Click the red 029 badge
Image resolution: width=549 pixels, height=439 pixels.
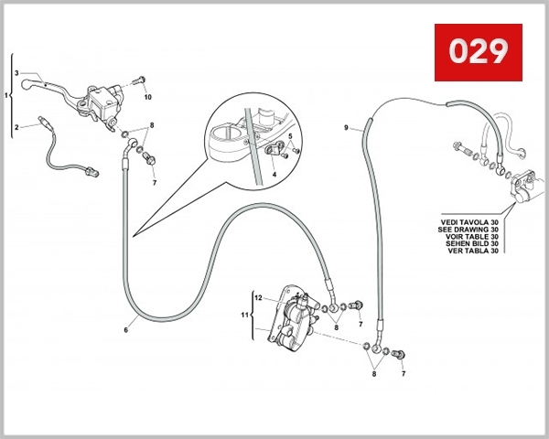[x=478, y=53]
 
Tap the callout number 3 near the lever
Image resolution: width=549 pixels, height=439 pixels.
[x=16, y=72]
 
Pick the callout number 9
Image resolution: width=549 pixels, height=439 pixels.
[x=347, y=128]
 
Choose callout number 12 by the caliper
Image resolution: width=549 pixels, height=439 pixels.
[x=258, y=298]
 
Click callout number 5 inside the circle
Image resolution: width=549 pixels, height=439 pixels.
[x=291, y=135]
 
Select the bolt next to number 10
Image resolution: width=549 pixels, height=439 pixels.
[x=141, y=81]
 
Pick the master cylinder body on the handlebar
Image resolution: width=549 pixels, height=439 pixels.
[x=101, y=99]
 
